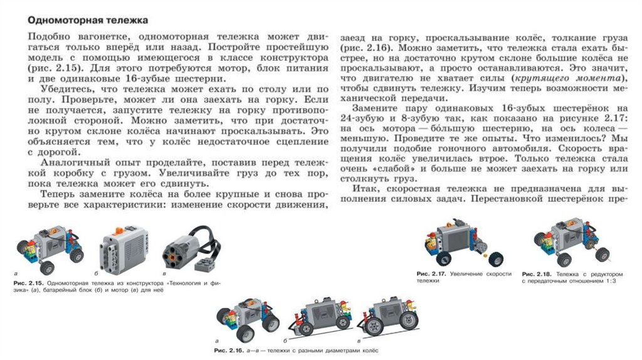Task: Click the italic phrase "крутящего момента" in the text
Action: (550, 77)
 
